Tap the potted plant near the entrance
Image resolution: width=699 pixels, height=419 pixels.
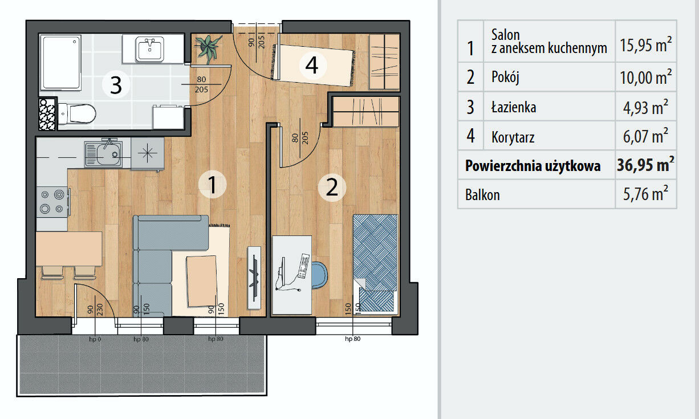click(208, 48)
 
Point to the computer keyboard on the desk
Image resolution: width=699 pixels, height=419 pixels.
click(304, 266)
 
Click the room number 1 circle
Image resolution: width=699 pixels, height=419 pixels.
click(212, 184)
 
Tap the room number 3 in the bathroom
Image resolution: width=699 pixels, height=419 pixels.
click(116, 84)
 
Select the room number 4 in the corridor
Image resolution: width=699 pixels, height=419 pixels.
click(312, 66)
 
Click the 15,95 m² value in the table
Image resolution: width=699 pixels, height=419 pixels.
click(645, 44)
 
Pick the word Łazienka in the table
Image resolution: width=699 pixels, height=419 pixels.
click(514, 107)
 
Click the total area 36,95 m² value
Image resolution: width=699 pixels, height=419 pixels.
click(645, 165)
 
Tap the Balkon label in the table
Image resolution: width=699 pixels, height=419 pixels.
click(482, 195)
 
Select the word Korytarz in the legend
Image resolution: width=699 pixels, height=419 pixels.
click(513, 137)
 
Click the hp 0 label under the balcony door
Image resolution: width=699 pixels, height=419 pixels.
click(95, 339)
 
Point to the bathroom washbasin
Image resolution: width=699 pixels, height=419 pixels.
click(150, 49)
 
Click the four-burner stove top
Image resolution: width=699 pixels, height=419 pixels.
click(52, 202)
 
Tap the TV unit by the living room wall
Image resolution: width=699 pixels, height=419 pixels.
click(254, 278)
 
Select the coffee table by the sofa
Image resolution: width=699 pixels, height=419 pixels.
click(202, 281)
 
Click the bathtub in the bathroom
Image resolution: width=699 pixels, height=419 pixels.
click(61, 63)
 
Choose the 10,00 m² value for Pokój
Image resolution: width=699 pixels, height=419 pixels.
click(645, 78)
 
